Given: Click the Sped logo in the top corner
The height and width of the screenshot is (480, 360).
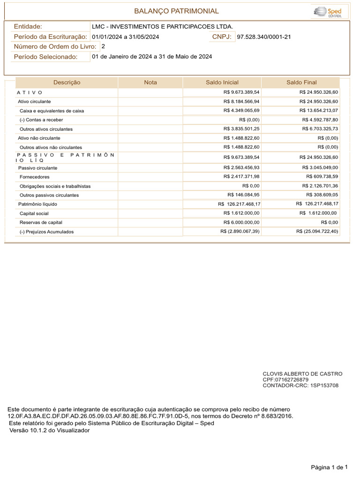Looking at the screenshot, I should (x=327, y=11).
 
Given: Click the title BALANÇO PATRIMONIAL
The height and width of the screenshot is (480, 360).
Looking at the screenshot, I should (x=176, y=11).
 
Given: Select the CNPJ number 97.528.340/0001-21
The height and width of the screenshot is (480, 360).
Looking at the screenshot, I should (x=264, y=37).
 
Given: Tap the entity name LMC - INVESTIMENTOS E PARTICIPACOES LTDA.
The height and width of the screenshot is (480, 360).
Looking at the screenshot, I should (x=162, y=27).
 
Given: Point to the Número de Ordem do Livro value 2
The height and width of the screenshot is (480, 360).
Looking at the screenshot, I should (x=103, y=46).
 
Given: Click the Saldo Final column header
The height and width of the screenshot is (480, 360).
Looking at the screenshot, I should (x=301, y=82).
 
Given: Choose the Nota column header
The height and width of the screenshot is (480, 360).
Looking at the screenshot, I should (x=150, y=82).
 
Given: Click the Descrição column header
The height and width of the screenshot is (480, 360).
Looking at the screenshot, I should (x=67, y=82).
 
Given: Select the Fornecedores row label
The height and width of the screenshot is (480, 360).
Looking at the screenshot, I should (x=35, y=177).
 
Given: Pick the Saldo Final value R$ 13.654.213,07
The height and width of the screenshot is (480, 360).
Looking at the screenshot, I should (x=318, y=110).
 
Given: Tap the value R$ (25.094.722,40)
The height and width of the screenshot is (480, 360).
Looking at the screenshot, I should (x=317, y=232).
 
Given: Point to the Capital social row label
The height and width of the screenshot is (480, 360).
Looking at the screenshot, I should (x=34, y=213).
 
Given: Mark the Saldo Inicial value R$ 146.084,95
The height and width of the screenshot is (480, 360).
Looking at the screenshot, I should (x=243, y=195).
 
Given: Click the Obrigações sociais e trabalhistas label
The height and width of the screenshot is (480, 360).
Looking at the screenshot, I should (x=55, y=186).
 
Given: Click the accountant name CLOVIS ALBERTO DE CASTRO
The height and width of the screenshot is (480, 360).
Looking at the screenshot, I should (x=302, y=374).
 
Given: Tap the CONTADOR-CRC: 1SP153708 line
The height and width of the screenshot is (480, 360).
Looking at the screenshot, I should (x=300, y=385).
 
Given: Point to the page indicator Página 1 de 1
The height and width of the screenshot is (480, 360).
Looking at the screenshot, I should (x=330, y=467).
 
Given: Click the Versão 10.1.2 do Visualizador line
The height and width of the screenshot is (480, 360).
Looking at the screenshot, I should (x=49, y=430).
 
